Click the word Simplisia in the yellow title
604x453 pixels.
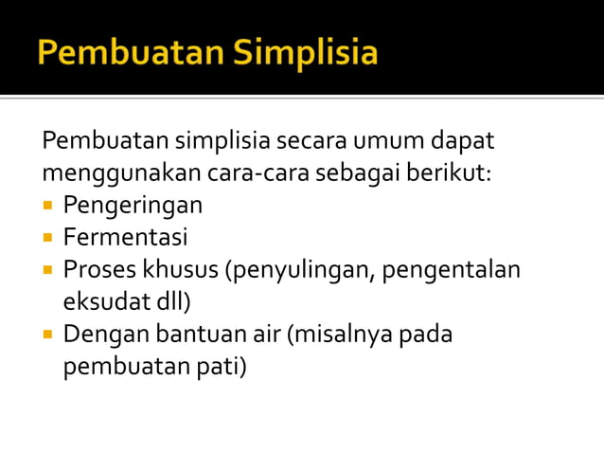pyautogui.click(x=309, y=53)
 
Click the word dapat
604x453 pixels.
pyautogui.click(x=462, y=142)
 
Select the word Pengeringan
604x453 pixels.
pyautogui.click(x=133, y=206)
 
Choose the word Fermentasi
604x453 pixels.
pyautogui.click(x=125, y=237)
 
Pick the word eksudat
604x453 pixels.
pyautogui.click(x=99, y=301)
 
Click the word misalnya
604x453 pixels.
pyautogui.click(x=338, y=335)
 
